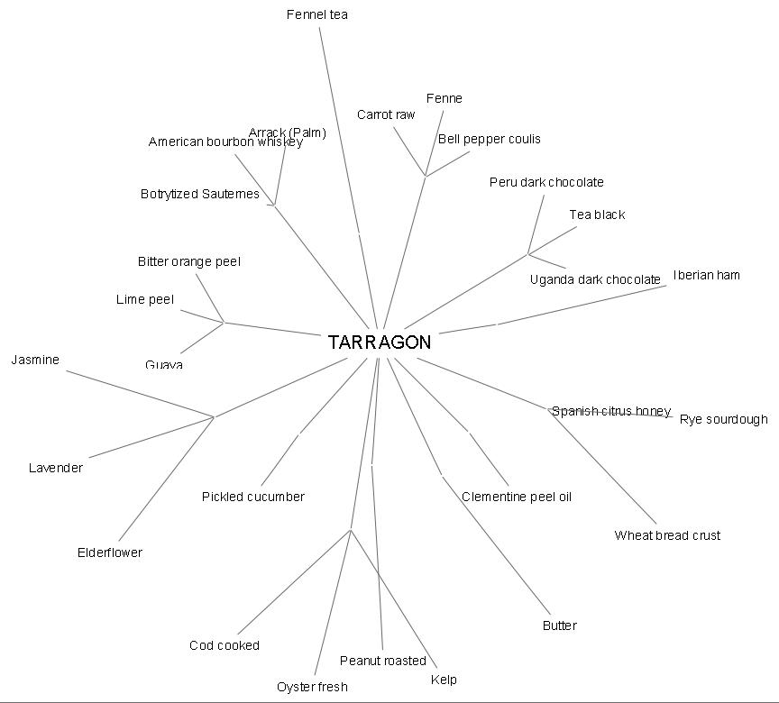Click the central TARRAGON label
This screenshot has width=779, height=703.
(x=380, y=342)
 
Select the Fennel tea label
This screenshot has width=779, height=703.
(x=317, y=14)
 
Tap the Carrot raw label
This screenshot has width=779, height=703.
(x=386, y=114)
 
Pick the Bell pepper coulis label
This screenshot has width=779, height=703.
(x=490, y=139)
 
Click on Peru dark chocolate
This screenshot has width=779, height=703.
(x=546, y=182)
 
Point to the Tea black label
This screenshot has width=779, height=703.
(x=597, y=215)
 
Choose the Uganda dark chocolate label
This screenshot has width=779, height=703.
(x=595, y=279)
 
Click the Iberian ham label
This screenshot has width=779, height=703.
(x=706, y=275)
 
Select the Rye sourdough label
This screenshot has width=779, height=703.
(x=724, y=419)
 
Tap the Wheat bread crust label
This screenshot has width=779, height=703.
(x=667, y=535)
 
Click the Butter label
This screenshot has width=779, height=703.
(x=560, y=625)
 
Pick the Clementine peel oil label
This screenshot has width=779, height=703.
(x=517, y=497)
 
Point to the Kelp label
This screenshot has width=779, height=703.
(x=444, y=680)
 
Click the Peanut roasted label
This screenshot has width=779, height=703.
(x=383, y=661)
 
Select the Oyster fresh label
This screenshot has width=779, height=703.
(x=312, y=687)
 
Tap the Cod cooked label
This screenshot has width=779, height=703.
(x=225, y=645)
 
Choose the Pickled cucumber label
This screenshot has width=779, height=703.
(x=253, y=497)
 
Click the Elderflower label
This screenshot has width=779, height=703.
(x=110, y=552)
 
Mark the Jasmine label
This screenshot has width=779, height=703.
(x=35, y=360)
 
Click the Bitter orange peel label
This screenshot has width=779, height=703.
(x=189, y=261)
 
